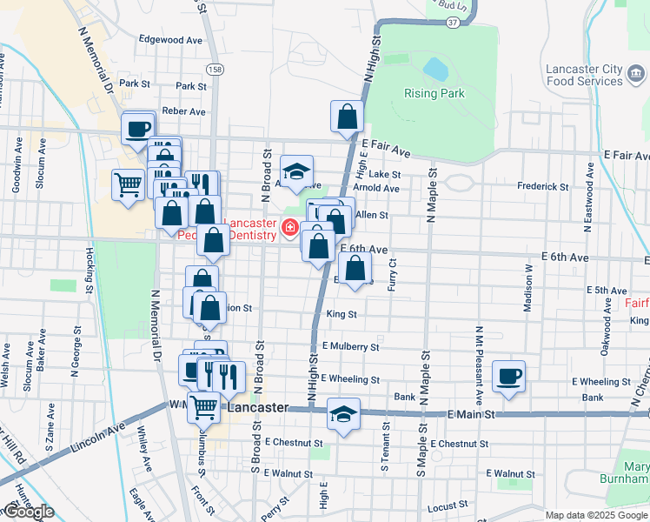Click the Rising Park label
tap(434, 94)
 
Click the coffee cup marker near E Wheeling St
tap(508, 376)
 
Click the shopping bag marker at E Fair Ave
tap(347, 116)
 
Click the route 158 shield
tap(216, 69)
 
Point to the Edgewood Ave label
tap(170, 40)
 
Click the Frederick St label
tap(542, 187)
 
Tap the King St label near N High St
tap(342, 314)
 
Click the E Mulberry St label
tap(350, 346)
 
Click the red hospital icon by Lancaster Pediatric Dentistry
tap(288, 230)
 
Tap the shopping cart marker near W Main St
tap(204, 405)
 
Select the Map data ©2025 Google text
tap(596, 515)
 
